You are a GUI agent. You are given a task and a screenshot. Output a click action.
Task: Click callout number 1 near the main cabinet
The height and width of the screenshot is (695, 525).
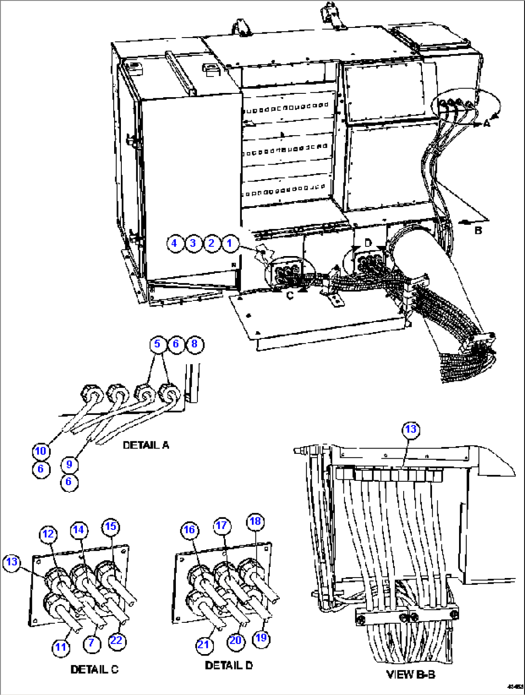click(230, 243)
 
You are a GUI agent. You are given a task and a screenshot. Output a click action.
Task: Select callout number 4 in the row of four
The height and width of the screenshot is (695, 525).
click(175, 243)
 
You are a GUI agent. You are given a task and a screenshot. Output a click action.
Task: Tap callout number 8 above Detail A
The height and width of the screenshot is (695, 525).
click(195, 344)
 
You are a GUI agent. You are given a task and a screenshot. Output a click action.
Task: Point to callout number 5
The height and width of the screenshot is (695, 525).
click(157, 344)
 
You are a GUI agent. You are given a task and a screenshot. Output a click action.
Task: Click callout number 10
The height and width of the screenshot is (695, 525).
click(41, 451)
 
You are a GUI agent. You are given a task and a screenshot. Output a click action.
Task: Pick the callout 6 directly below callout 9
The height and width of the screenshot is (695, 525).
click(69, 482)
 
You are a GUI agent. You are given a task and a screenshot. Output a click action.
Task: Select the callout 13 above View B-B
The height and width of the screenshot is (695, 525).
click(410, 429)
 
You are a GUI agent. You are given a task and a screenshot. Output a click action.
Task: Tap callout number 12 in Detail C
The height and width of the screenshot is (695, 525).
click(48, 534)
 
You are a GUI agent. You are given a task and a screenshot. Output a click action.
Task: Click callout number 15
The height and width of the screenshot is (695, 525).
click(111, 526)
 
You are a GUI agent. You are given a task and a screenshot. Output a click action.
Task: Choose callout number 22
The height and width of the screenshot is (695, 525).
click(116, 641)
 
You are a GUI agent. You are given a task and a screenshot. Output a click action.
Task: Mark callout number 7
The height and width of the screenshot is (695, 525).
click(91, 643)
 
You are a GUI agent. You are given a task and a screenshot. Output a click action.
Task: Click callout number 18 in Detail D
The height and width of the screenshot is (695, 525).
click(255, 521)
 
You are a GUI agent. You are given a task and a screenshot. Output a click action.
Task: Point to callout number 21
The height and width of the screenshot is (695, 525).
click(204, 644)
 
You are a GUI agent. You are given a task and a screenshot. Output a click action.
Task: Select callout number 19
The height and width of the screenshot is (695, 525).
click(261, 638)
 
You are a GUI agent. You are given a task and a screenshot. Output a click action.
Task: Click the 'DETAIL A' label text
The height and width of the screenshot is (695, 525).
click(146, 445)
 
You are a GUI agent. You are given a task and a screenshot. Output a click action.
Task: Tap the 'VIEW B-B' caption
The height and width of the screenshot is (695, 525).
click(411, 674)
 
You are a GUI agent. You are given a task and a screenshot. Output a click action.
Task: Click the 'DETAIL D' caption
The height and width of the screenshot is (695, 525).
click(229, 665)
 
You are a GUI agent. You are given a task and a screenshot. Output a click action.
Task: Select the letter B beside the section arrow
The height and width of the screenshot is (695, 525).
click(478, 231)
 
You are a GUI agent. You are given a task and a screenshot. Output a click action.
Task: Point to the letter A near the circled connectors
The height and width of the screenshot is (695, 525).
click(486, 124)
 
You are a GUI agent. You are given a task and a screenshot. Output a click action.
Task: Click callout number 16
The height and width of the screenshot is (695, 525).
click(190, 530)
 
